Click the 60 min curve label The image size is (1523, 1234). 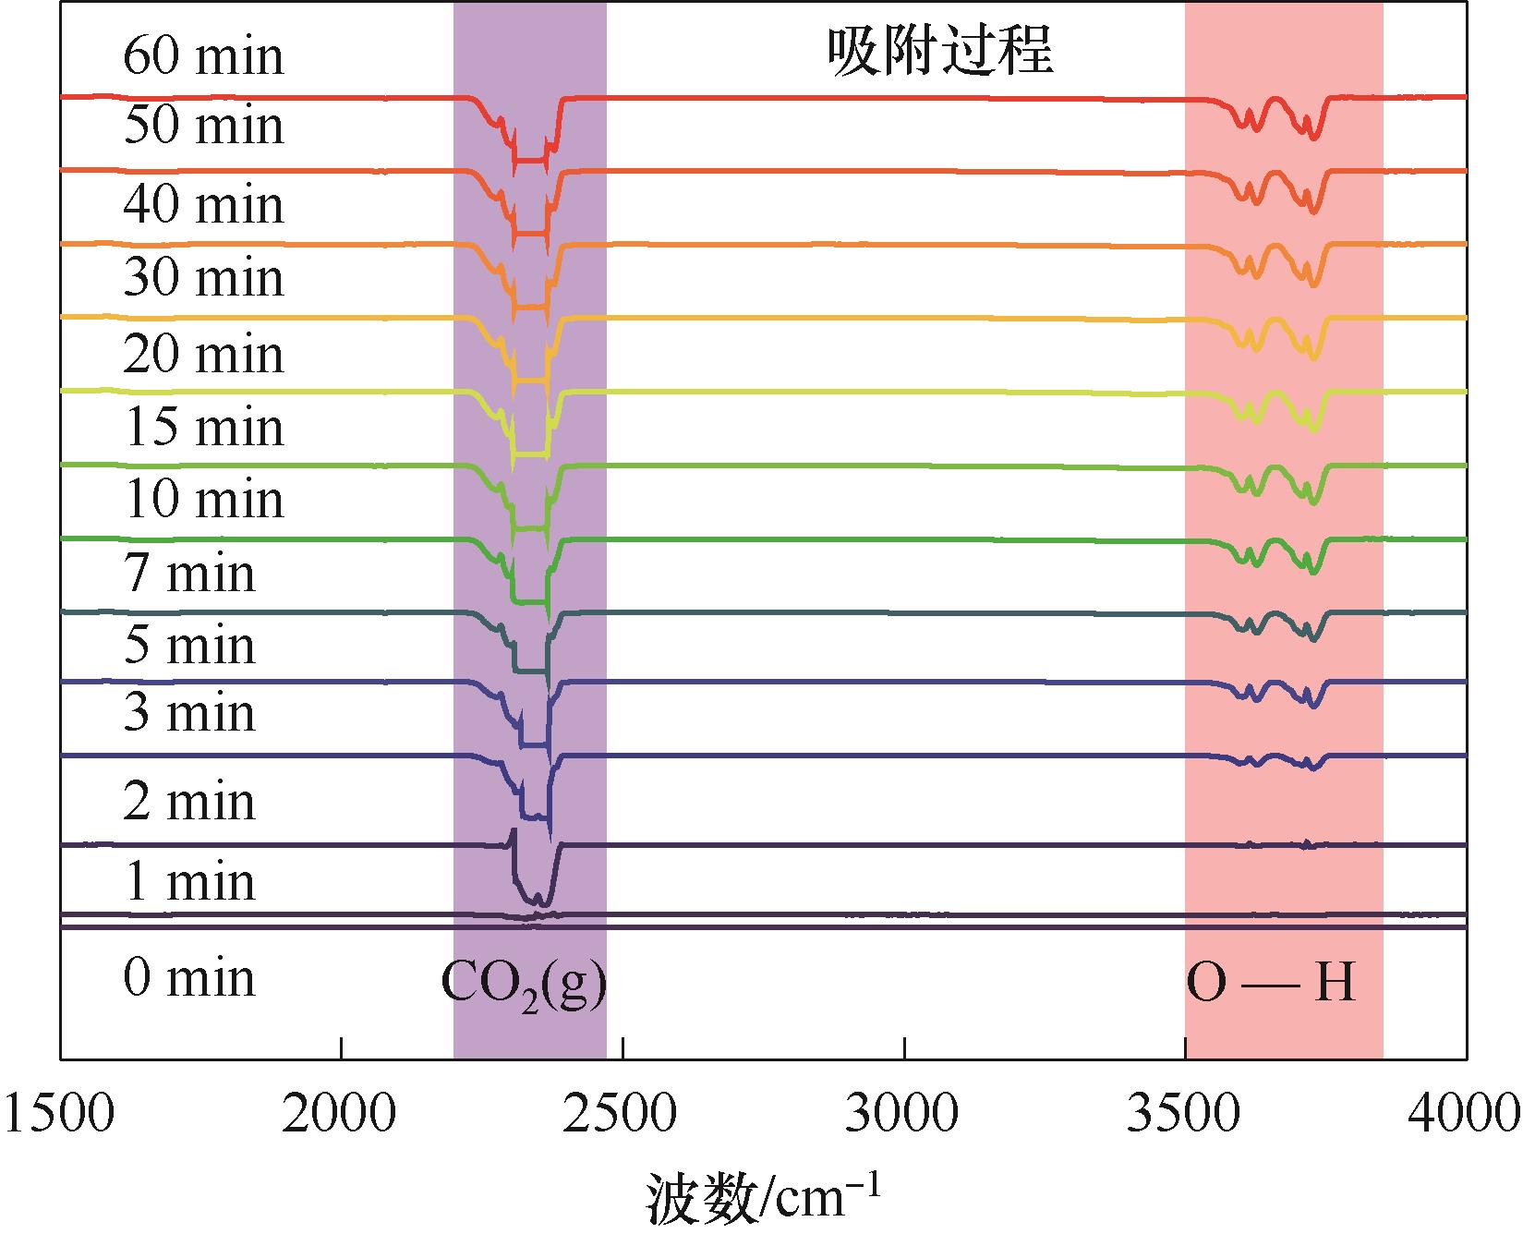pyautogui.click(x=203, y=56)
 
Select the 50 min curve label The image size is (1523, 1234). pyautogui.click(x=203, y=126)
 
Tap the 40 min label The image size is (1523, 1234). pyautogui.click(x=203, y=204)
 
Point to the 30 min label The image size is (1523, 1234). pyautogui.click(x=203, y=277)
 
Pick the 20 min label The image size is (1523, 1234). pyautogui.click(x=203, y=355)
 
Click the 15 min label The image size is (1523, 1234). pyautogui.click(x=203, y=427)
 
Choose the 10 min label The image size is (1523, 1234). pyautogui.click(x=203, y=499)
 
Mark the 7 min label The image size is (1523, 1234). pyautogui.click(x=189, y=574)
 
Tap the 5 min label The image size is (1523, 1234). pyautogui.click(x=189, y=645)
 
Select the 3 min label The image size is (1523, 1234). pyautogui.click(x=189, y=713)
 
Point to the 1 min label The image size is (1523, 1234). pyautogui.click(x=189, y=881)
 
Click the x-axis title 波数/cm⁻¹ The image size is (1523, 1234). pyautogui.click(x=762, y=1198)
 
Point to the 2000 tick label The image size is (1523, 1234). pyautogui.click(x=341, y=1115)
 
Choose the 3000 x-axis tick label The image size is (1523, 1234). pyautogui.click(x=904, y=1115)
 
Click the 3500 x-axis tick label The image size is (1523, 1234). pyautogui.click(x=1185, y=1115)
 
